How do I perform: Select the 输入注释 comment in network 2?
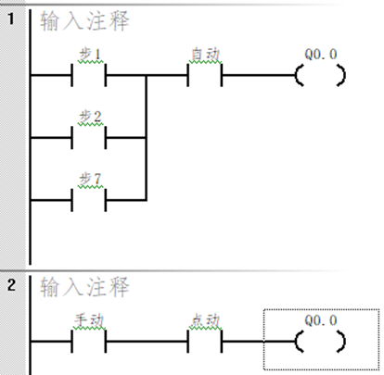[84, 288]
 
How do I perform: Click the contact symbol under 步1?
[89, 76]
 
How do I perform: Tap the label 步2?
[89, 118]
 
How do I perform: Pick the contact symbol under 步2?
[89, 138]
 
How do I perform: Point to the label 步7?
[89, 177]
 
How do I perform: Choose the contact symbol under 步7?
[89, 198]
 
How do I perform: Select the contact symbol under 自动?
[204, 76]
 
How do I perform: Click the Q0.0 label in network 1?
[320, 54]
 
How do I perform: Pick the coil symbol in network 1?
[320, 76]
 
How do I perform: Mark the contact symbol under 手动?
[89, 342]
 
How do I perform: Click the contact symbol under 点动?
[204, 342]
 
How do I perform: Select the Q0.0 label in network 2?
[320, 319]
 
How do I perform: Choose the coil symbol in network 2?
[320, 342]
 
